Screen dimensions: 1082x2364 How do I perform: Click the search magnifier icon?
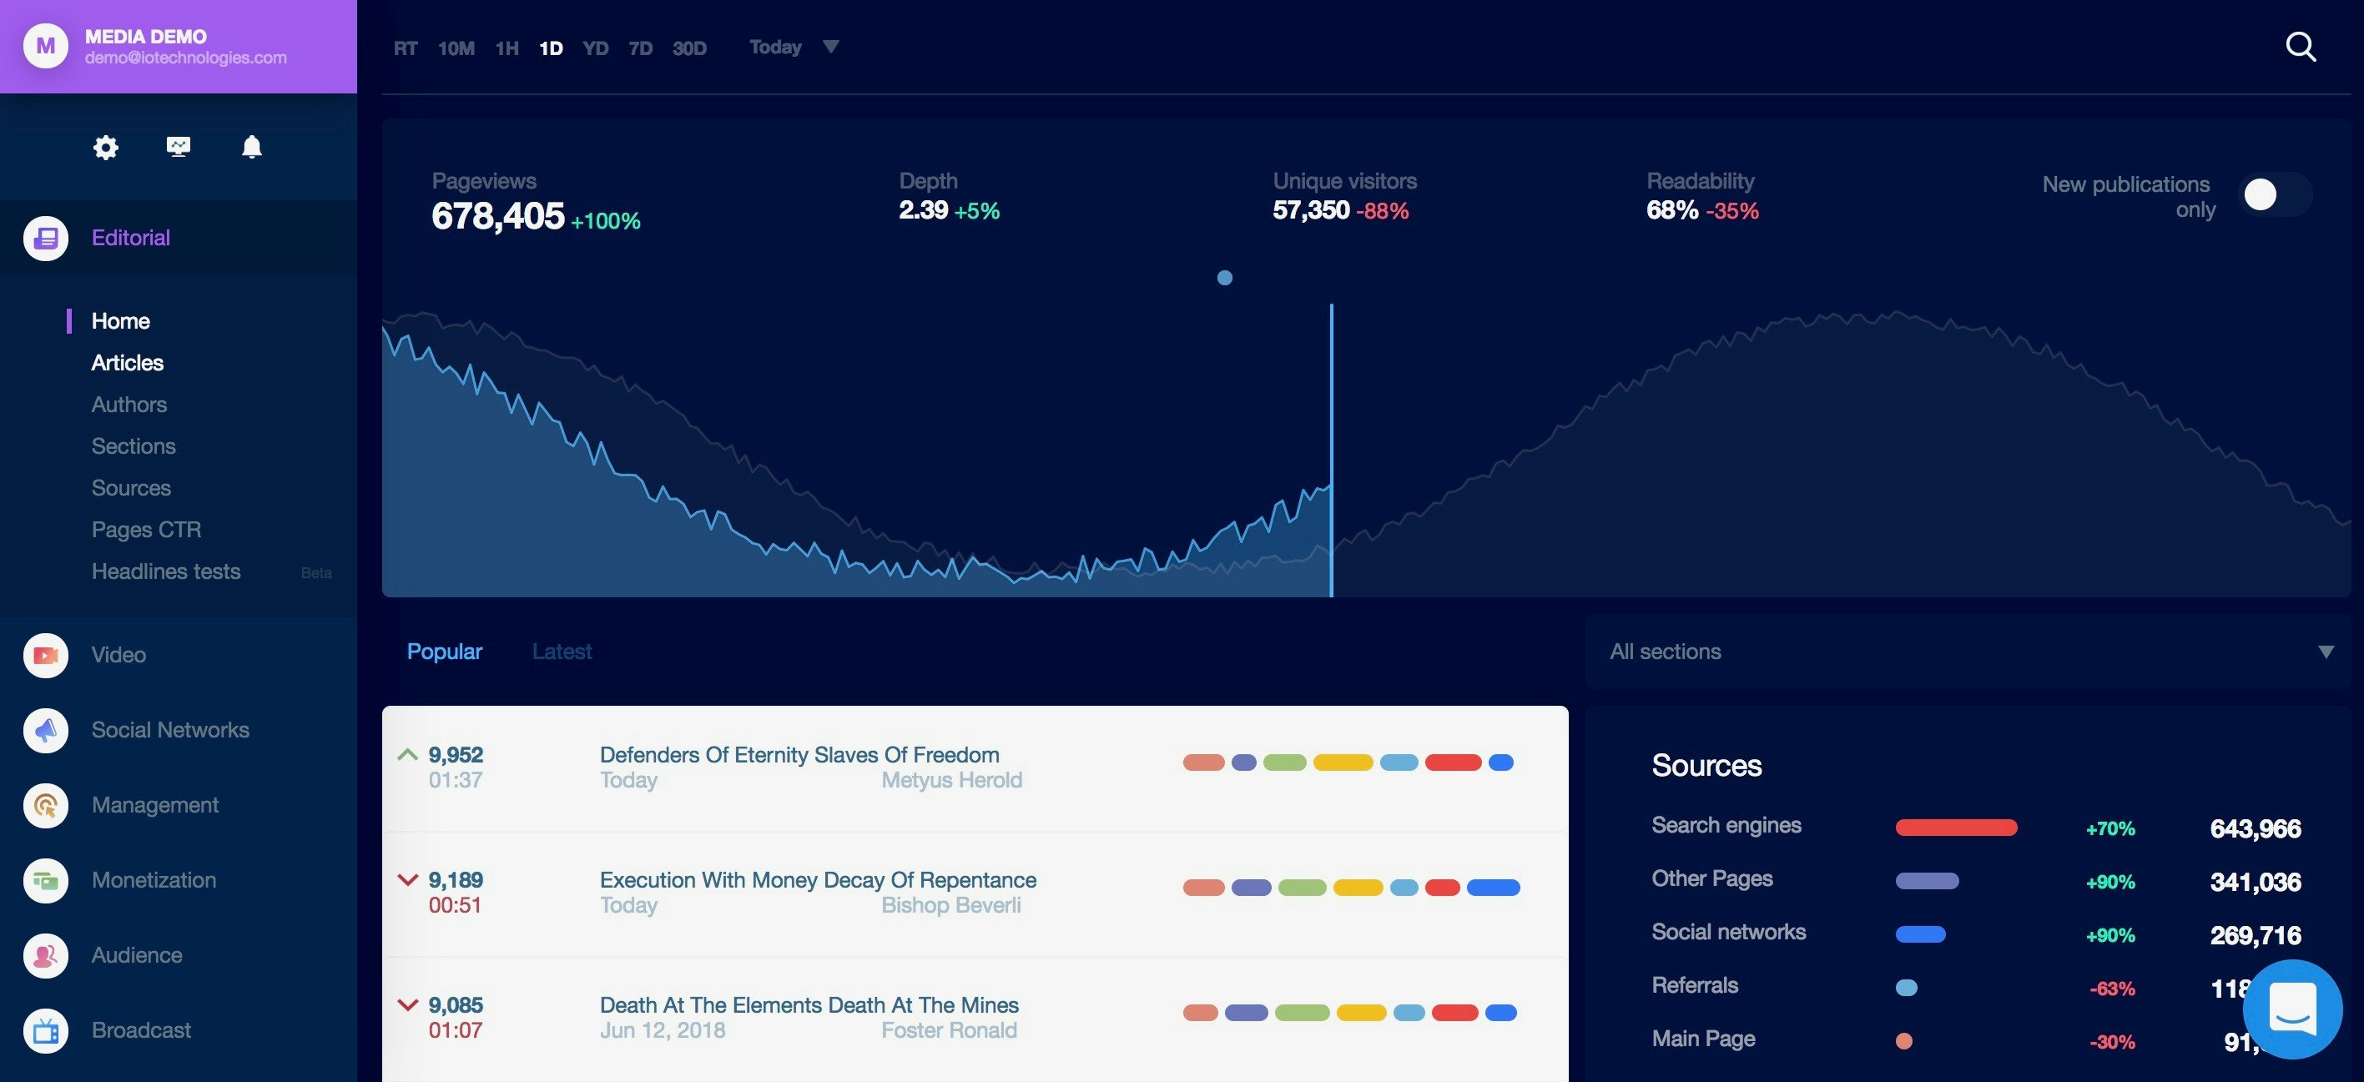coord(2300,47)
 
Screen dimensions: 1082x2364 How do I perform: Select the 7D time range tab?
coord(640,48)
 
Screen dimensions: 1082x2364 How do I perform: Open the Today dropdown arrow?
coord(830,47)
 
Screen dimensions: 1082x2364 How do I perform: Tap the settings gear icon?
coord(105,147)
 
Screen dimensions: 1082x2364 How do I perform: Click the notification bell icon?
coord(251,147)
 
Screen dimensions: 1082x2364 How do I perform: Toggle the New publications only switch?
coord(2273,194)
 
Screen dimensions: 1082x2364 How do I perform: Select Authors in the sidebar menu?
coord(129,405)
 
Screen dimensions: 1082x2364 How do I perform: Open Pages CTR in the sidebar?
coord(146,530)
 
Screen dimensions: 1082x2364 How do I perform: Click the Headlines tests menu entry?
coord(166,571)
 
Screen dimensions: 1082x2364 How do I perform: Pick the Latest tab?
coord(562,652)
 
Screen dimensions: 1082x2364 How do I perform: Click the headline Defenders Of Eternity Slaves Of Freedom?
coord(799,754)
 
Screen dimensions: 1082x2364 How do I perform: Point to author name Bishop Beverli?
coord(950,905)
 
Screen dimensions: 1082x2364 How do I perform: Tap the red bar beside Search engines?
coord(1956,828)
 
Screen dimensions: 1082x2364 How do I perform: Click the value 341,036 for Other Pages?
coord(2255,882)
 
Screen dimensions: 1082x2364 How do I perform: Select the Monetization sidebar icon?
coord(46,880)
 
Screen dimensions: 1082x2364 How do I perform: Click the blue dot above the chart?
coord(1224,278)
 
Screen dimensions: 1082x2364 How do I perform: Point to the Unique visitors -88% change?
coord(1382,211)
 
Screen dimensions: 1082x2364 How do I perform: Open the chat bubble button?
coord(2291,1009)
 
